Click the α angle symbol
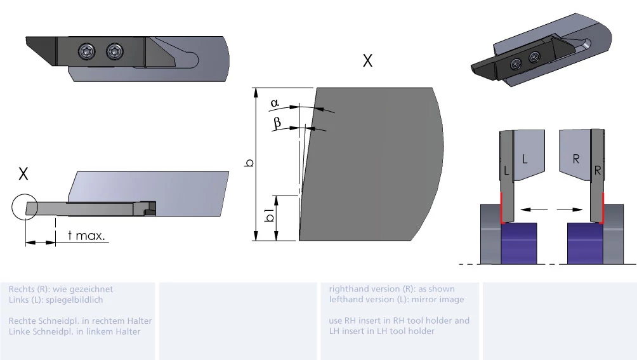tap(275, 103)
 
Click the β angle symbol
tap(277, 123)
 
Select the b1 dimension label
tap(269, 216)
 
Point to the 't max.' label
tap(86, 236)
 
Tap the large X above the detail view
tap(367, 61)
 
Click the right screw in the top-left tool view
tap(115, 51)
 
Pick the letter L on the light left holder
tap(525, 159)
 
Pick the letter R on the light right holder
tap(575, 159)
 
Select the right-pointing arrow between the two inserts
tap(570, 210)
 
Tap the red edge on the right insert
tap(603, 208)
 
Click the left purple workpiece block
tap(519, 243)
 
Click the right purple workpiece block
tap(584, 243)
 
